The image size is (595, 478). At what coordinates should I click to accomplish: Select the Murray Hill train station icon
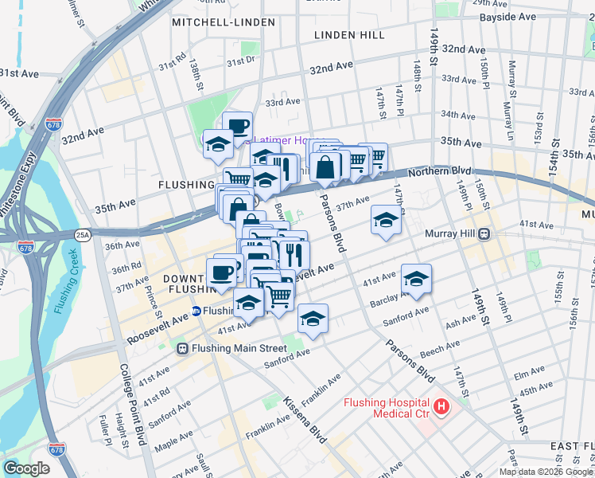(x=484, y=233)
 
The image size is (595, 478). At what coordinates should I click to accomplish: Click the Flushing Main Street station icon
(x=182, y=348)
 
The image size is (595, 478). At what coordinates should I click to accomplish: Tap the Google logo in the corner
(x=26, y=468)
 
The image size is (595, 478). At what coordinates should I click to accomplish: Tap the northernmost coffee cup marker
(x=237, y=125)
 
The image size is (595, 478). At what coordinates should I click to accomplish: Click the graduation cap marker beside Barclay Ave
(x=416, y=278)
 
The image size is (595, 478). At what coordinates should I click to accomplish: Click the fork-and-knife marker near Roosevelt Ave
(x=293, y=253)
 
